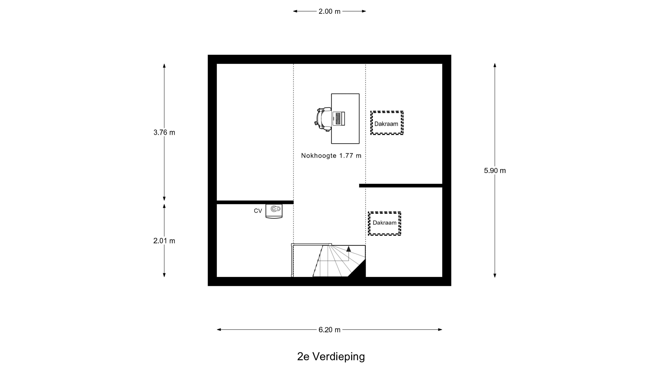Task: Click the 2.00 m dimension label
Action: tap(329, 11)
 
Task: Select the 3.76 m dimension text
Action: tap(164, 132)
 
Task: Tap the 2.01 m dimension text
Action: tap(164, 241)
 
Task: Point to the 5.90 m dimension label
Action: tap(495, 171)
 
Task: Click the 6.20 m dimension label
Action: tap(329, 330)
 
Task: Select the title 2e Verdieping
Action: tap(331, 356)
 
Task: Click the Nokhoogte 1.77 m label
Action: tap(331, 156)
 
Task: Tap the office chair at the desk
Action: tap(323, 119)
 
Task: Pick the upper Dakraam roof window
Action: tap(387, 123)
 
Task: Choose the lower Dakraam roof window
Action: tap(384, 223)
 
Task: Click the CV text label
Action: tap(258, 211)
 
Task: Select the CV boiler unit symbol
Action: tap(274, 211)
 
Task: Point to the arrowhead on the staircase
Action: tap(348, 249)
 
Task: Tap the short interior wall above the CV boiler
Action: tap(255, 202)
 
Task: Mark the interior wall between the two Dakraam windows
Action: tap(401, 186)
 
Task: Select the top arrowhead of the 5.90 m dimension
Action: tap(495, 65)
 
